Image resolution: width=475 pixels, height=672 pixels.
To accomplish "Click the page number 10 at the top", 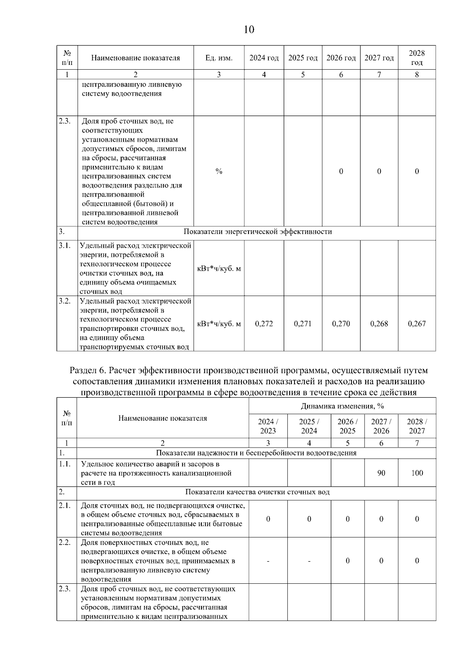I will (x=249, y=30).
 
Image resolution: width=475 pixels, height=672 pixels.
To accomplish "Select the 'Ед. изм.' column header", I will (x=219, y=58).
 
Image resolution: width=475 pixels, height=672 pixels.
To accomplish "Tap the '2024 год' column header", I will (x=264, y=58).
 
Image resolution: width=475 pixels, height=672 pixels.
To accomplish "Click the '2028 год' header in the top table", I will (x=416, y=58).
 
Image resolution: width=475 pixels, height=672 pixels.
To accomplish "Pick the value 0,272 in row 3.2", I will (x=264, y=324).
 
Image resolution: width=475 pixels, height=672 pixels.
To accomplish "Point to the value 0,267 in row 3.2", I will (x=417, y=324).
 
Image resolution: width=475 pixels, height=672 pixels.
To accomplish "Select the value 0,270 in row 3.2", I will (x=341, y=324).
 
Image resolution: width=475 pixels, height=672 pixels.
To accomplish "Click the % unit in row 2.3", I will (x=219, y=171).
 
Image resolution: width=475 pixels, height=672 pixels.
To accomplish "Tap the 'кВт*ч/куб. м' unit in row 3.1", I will (x=219, y=269).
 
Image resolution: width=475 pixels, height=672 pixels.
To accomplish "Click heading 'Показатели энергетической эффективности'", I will (x=258, y=232).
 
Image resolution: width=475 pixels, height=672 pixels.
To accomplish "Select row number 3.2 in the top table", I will (x=65, y=301).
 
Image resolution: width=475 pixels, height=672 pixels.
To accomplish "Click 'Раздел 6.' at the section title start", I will (x=87, y=371).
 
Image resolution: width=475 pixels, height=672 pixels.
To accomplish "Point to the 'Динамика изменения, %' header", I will (x=342, y=406).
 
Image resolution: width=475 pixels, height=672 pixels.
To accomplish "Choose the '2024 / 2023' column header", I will (x=268, y=426).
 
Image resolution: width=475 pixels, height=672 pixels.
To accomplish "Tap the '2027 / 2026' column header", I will (x=381, y=426).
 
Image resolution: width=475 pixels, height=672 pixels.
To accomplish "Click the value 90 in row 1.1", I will (x=381, y=473).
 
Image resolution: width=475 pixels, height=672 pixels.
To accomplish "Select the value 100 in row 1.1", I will (x=417, y=473).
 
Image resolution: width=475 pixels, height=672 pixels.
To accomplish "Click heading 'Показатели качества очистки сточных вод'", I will (x=257, y=492).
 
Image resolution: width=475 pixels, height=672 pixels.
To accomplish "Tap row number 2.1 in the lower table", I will (x=65, y=505).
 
